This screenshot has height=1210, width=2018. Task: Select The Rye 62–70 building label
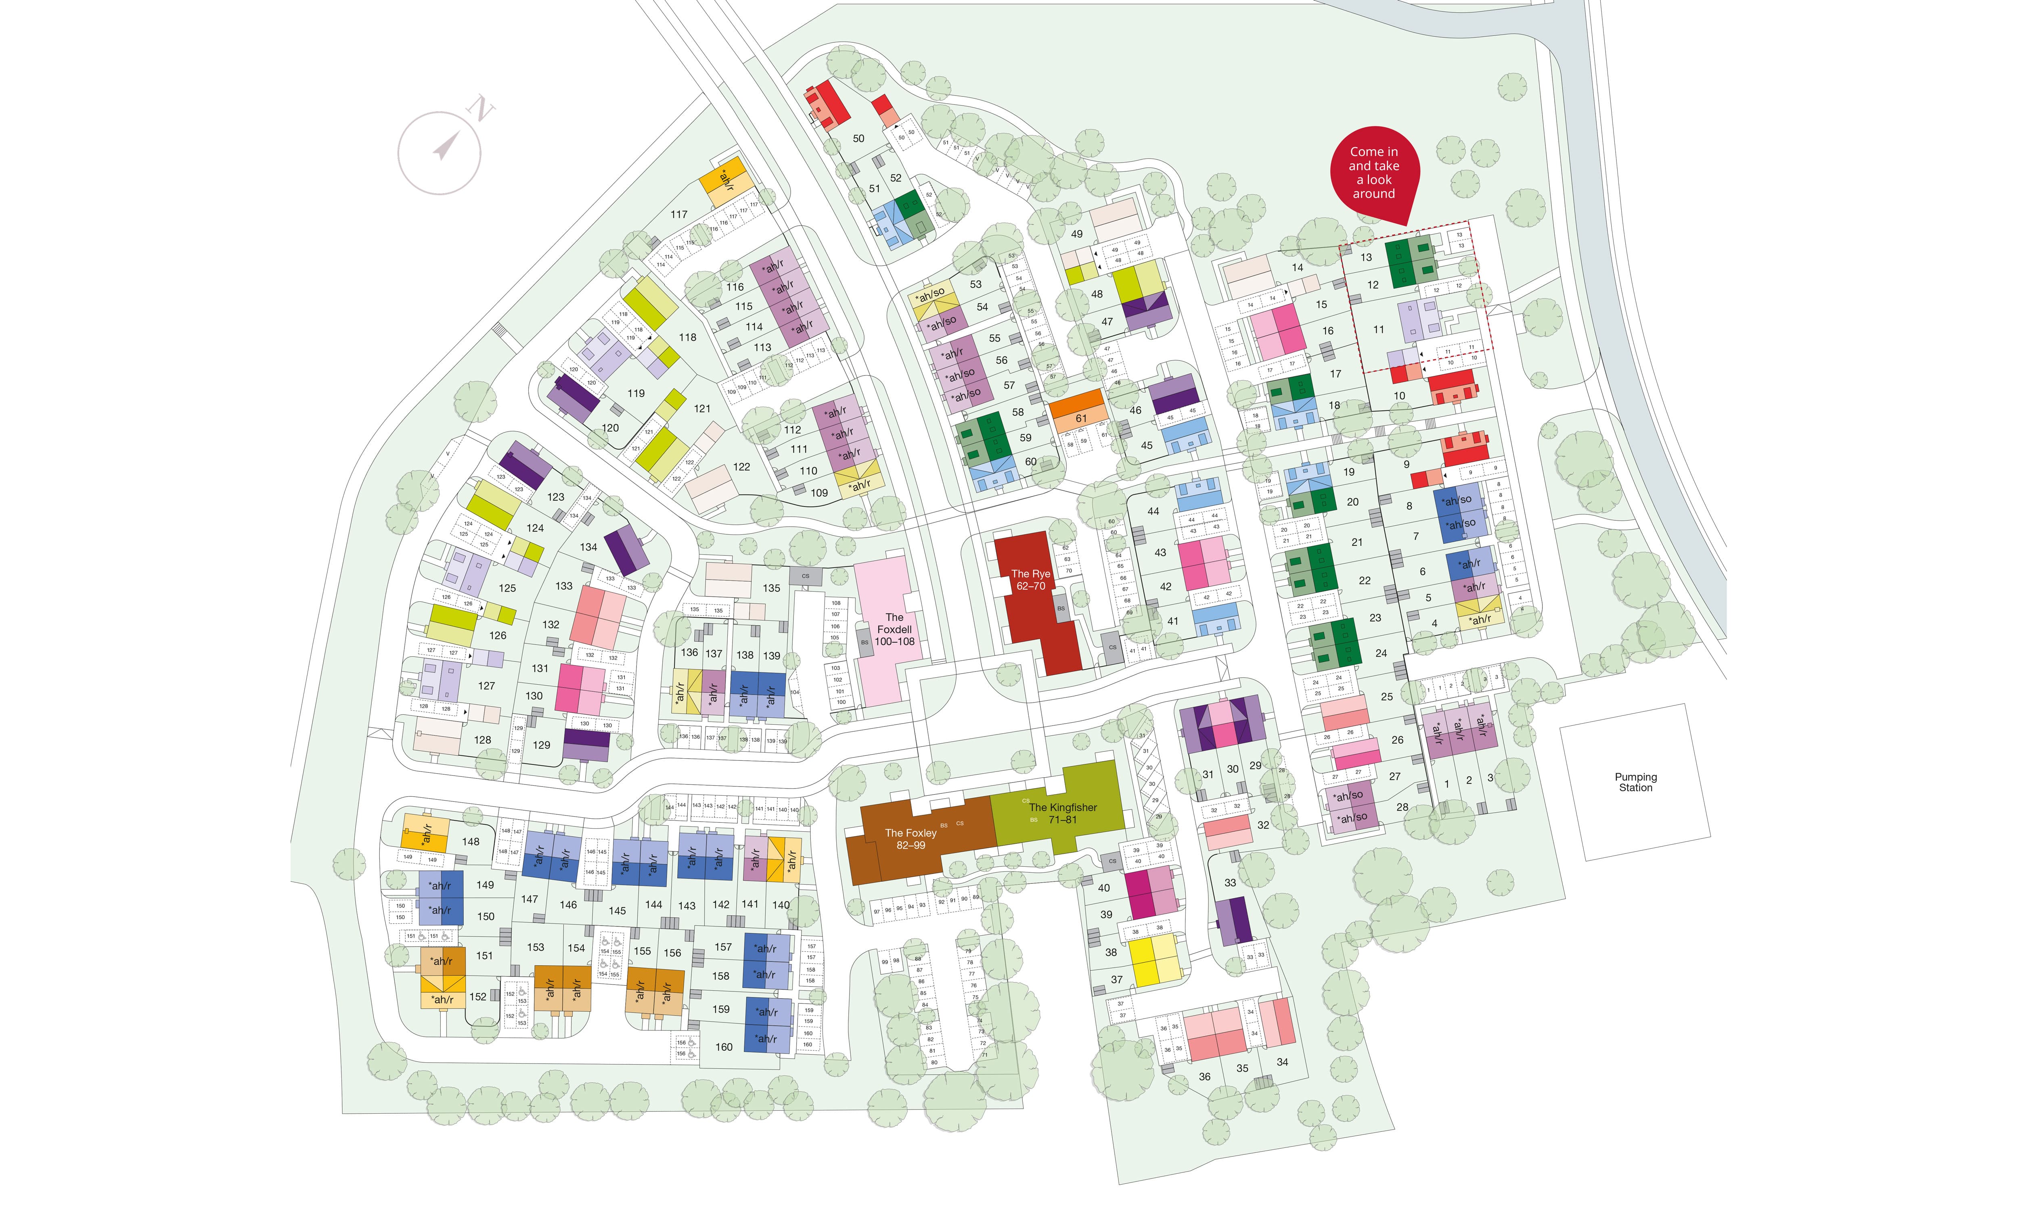pos(1030,580)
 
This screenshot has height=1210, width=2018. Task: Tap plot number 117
pos(678,215)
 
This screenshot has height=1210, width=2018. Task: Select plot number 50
pos(858,139)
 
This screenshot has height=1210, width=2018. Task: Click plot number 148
pos(471,841)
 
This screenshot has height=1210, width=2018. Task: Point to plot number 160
pos(724,1047)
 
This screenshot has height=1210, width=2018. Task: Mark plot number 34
pos(1282,1062)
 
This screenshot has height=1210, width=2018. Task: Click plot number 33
pos(1230,882)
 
